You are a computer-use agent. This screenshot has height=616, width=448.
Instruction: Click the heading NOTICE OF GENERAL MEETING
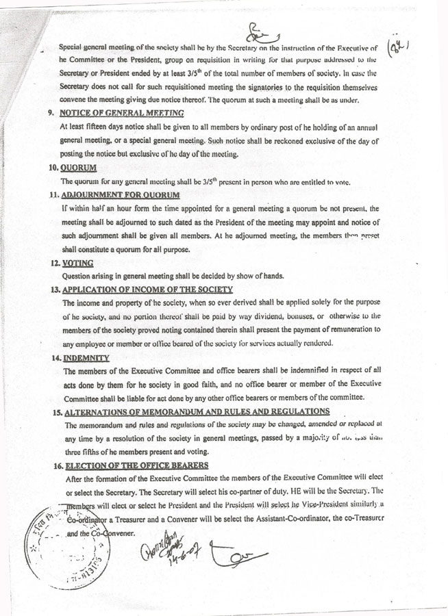[122, 112]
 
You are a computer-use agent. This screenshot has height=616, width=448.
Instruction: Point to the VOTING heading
[77, 263]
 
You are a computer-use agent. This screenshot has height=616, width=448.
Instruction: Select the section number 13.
[53, 290]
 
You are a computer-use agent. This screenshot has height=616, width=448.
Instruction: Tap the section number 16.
[53, 465]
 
